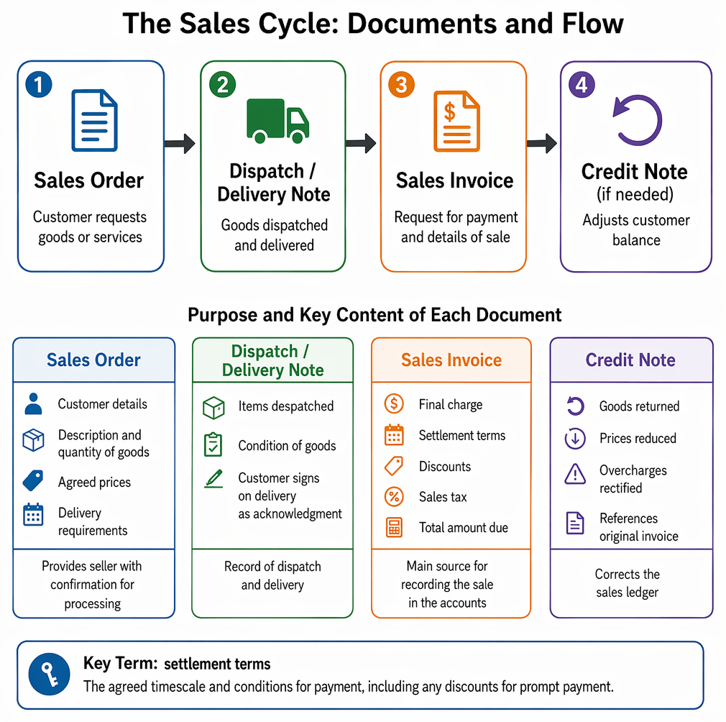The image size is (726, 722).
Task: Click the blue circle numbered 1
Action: (x=38, y=84)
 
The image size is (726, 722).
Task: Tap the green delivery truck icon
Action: (x=277, y=120)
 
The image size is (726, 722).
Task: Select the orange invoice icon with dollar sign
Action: (x=456, y=122)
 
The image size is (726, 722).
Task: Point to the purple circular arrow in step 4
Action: (x=637, y=120)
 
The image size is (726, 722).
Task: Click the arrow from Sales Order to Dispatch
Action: (x=180, y=144)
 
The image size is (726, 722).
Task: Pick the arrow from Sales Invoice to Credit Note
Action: (x=542, y=144)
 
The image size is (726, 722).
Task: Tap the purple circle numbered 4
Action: (x=582, y=85)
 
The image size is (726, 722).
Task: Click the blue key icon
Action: (x=49, y=674)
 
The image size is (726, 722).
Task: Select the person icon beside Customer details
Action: (x=33, y=403)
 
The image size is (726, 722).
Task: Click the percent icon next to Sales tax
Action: (x=394, y=497)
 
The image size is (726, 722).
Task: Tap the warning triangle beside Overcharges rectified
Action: (x=575, y=474)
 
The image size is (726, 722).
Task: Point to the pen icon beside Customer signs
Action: (x=213, y=479)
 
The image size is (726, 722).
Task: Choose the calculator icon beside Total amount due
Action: (x=394, y=528)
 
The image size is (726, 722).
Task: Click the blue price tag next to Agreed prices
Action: (x=33, y=480)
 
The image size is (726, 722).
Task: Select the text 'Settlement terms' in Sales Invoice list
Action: (x=462, y=435)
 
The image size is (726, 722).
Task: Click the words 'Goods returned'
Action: (x=640, y=406)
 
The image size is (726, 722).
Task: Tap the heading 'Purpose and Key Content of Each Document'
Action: (x=375, y=315)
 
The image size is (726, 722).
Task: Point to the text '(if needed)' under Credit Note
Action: (x=635, y=194)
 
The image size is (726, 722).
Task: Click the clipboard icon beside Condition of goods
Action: (x=213, y=444)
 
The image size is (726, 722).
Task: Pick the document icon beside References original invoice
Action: (x=575, y=523)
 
